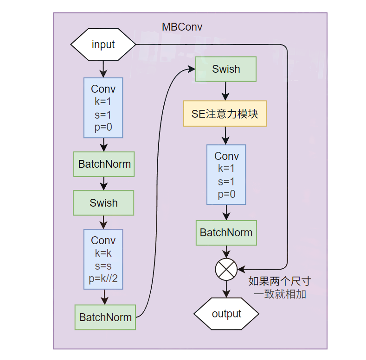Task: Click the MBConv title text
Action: click(x=182, y=27)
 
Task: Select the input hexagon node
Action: click(x=103, y=44)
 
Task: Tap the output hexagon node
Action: click(x=226, y=314)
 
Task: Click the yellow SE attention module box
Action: click(x=225, y=114)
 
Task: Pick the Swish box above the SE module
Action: click(x=226, y=69)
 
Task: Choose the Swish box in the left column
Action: click(x=103, y=203)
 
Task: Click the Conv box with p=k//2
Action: click(x=103, y=259)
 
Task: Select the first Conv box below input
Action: click(x=103, y=107)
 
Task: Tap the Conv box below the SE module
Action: click(x=226, y=175)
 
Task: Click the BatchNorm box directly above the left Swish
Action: click(x=104, y=164)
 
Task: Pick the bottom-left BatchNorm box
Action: click(x=105, y=317)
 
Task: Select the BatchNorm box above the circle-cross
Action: click(x=226, y=233)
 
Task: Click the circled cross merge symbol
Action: click(x=226, y=269)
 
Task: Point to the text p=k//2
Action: click(x=103, y=279)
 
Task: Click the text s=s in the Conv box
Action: click(x=103, y=266)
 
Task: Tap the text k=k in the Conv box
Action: click(x=103, y=253)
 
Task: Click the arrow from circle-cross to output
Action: click(x=226, y=290)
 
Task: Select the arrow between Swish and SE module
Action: click(x=226, y=91)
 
